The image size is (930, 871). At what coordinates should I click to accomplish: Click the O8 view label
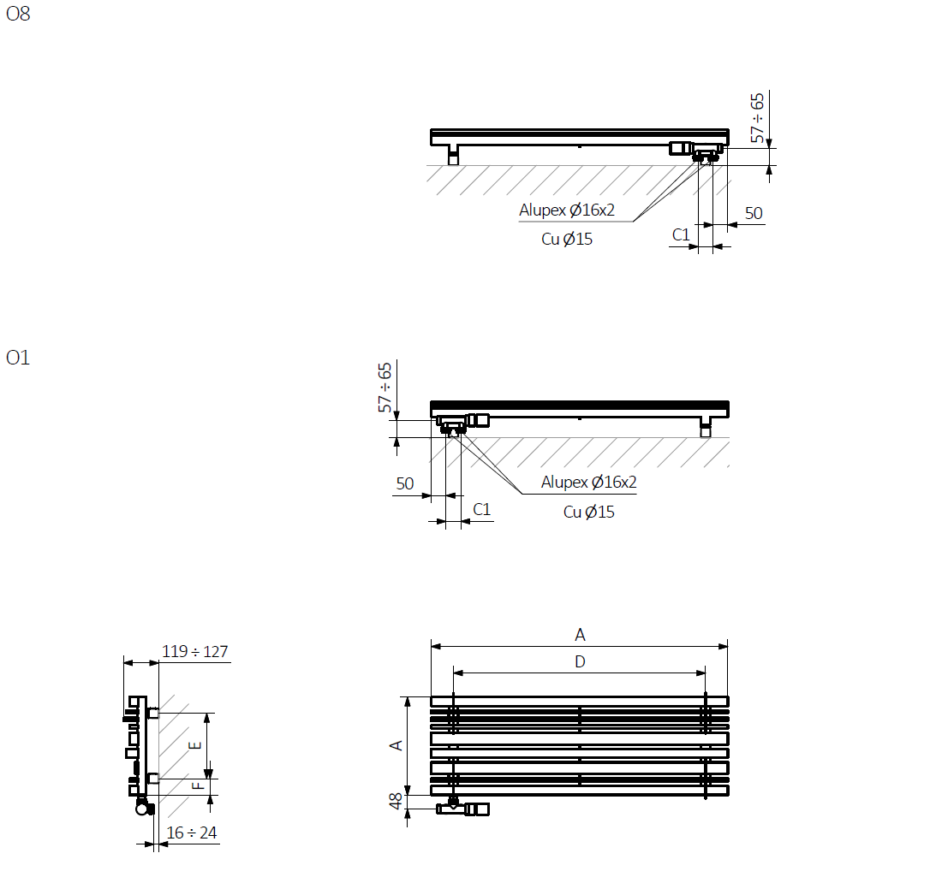[x=18, y=14]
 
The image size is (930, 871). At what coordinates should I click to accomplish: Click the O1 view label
[x=18, y=358]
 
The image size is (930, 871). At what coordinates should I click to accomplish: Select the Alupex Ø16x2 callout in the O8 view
[x=567, y=210]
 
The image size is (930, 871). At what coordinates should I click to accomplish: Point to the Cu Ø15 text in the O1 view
[x=589, y=512]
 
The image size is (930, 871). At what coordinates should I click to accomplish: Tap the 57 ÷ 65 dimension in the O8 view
[x=757, y=118]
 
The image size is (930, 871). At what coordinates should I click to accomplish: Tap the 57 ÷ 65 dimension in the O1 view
[x=385, y=388]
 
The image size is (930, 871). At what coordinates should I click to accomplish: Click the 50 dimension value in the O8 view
[x=754, y=213]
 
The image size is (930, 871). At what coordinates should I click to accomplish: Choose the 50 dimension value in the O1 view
[x=405, y=483]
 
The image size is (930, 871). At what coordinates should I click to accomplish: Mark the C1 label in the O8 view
[x=681, y=235]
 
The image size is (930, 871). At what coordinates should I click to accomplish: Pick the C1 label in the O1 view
[x=481, y=510]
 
